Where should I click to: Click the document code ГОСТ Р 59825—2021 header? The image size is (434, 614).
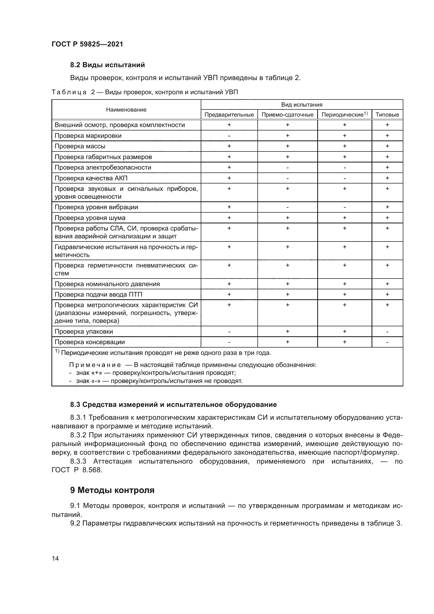(87, 44)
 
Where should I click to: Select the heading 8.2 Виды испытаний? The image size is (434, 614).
(107, 65)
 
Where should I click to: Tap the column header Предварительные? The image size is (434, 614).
(229, 115)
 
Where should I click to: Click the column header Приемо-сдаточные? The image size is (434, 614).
(287, 115)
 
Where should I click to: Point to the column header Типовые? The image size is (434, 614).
(387, 115)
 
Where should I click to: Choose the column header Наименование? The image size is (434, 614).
(126, 110)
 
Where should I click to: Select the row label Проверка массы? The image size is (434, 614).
(80, 146)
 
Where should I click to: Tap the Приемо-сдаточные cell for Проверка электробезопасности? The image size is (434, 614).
(287, 168)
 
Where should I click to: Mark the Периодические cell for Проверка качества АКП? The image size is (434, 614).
(345, 178)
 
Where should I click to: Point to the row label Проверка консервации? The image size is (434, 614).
(89, 342)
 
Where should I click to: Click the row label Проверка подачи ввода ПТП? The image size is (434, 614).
(98, 295)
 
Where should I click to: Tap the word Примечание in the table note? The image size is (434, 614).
(95, 365)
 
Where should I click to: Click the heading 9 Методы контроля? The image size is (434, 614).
(112, 490)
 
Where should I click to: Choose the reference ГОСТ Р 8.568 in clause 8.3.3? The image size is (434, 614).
(77, 470)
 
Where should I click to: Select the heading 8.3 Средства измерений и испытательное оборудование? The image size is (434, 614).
(173, 405)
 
